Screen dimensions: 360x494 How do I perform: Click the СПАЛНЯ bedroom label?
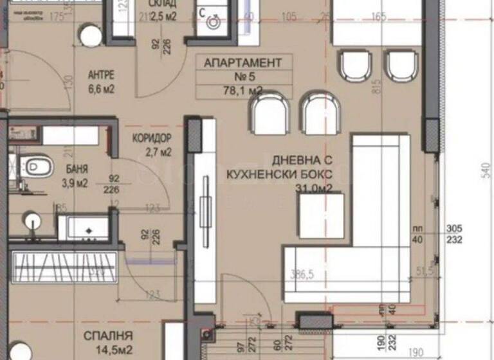(x=108, y=336)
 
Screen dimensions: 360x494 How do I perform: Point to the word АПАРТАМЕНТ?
(x=242, y=63)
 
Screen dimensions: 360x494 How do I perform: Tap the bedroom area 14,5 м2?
(x=108, y=350)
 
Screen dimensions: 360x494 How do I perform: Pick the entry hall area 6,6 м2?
(x=101, y=89)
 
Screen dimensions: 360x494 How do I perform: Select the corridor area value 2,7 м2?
(x=158, y=153)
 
